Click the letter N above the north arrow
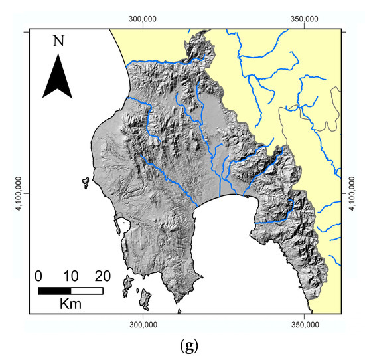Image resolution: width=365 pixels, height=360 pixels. pos(59,41)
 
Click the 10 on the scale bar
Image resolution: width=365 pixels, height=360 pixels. pos(71,276)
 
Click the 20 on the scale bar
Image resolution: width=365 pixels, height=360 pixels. pos(102,276)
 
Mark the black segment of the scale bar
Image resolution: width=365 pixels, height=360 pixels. pos(54,290)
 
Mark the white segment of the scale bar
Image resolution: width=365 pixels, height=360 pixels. pos(87,290)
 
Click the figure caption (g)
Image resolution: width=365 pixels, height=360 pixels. pos(183,345)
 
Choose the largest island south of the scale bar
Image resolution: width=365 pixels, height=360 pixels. pos(127,285)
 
